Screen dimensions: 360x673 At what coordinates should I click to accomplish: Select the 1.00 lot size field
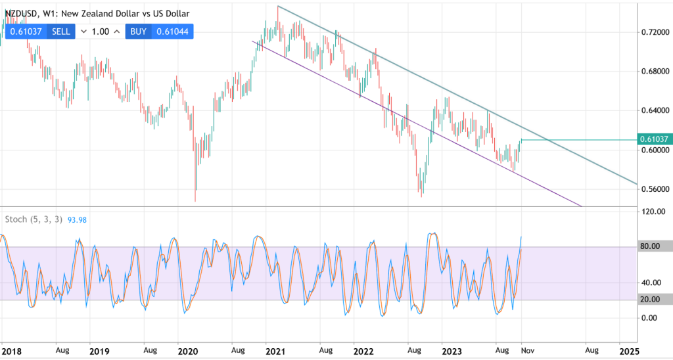pos(101,31)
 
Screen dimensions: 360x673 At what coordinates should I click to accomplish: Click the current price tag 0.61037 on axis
pos(654,139)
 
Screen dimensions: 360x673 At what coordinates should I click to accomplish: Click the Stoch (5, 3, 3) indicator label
pos(34,219)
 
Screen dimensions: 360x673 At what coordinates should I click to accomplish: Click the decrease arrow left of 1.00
pos(84,31)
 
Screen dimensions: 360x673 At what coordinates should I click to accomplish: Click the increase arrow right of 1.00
pos(117,31)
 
